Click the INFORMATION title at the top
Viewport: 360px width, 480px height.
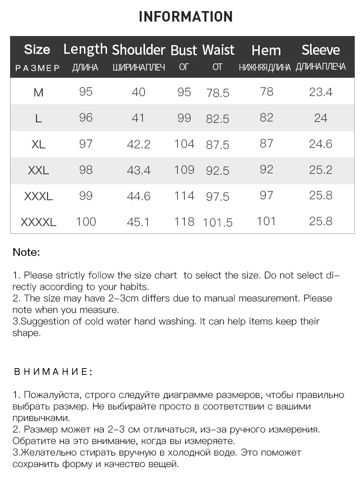(185, 17)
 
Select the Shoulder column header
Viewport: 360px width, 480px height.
(138, 50)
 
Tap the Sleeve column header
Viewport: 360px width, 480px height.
(321, 50)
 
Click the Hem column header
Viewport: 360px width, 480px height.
(266, 50)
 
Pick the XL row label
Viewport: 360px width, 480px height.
(38, 144)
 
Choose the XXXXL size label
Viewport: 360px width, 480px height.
(38, 222)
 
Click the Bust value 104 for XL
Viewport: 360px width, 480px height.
(184, 144)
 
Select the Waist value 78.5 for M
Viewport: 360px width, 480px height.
(217, 93)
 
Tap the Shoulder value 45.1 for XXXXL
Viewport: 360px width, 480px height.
(138, 222)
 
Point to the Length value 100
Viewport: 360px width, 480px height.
(86, 222)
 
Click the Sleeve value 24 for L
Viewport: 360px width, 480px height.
(321, 118)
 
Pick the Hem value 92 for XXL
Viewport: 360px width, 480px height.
(266, 170)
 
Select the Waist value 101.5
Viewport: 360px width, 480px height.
(217, 223)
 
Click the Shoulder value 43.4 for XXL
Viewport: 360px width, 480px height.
(138, 170)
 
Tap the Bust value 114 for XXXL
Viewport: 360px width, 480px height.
(184, 196)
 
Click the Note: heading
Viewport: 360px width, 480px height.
(26, 252)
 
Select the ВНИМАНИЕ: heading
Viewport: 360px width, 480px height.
(53, 372)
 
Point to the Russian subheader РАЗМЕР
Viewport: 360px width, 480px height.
(38, 68)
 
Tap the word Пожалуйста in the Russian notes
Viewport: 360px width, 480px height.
(53, 395)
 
